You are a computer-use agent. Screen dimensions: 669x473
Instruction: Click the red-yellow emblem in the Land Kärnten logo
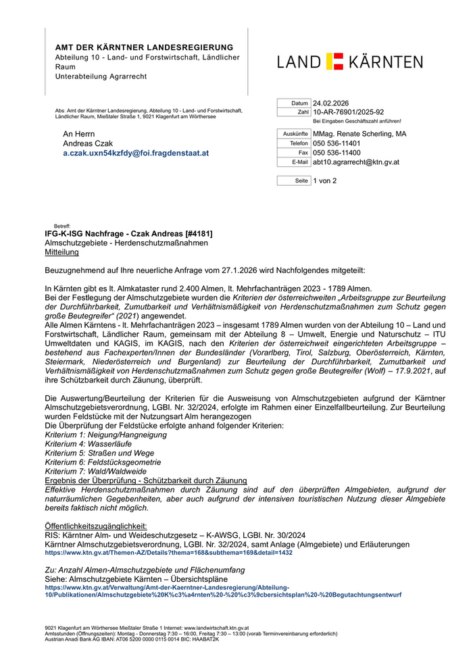pos(335,61)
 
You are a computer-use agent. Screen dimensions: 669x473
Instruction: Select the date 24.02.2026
pos(331,103)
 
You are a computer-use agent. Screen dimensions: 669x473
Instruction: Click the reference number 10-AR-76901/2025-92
pos(348,112)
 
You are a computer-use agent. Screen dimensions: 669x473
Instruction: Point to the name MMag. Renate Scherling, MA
pos(359,134)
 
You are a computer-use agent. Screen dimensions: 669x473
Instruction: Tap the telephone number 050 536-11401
pos(337,143)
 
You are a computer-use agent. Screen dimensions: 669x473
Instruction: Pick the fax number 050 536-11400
pos(337,153)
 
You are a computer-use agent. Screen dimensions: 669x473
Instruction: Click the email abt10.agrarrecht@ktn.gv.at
pos(356,162)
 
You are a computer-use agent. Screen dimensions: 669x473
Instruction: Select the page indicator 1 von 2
pos(324,181)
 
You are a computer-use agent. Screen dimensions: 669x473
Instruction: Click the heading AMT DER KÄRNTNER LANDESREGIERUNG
pos(144,47)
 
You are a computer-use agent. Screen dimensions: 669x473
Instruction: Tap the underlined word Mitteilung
pos(61,252)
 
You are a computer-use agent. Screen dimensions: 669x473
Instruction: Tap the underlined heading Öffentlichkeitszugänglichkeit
pos(95,526)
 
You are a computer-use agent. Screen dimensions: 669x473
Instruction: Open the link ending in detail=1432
pos(168,552)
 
